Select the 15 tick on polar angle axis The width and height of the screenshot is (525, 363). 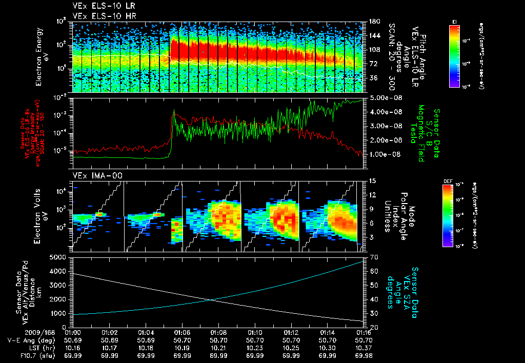click(372, 181)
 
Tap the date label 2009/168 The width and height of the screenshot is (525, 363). click(16, 332)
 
